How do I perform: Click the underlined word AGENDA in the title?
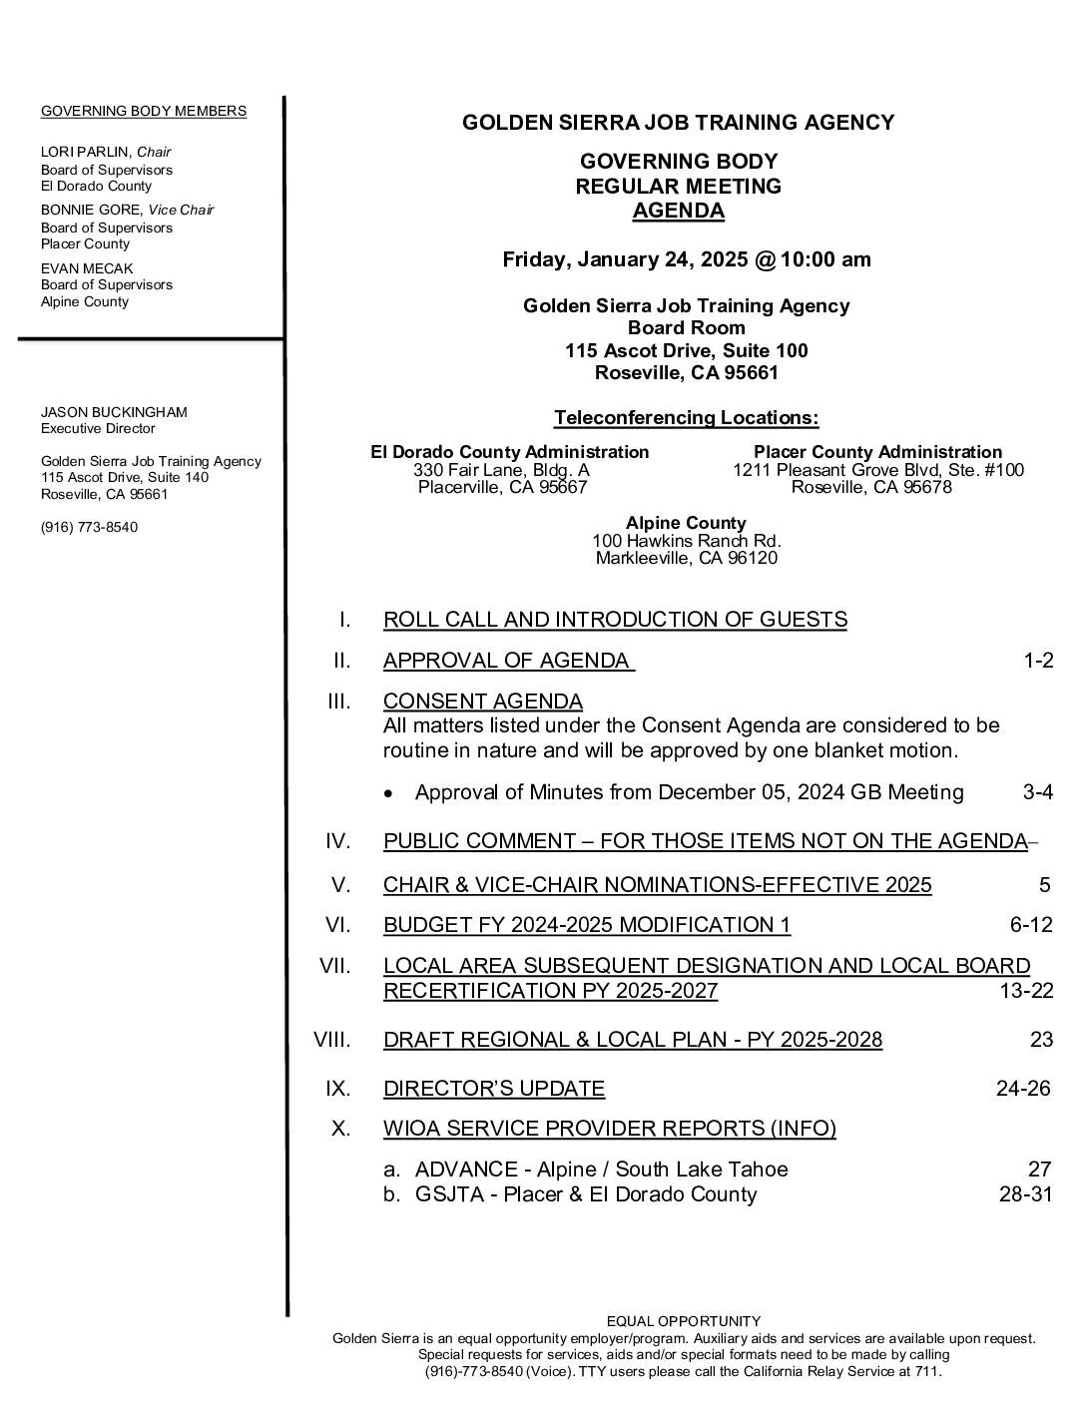(679, 211)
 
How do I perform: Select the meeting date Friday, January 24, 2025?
(625, 259)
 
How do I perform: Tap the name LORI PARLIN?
(86, 152)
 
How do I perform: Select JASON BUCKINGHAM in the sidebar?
(114, 412)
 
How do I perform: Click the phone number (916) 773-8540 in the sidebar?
(89, 527)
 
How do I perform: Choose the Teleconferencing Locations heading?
(686, 417)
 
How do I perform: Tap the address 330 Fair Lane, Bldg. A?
(501, 470)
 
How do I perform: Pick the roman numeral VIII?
(332, 1040)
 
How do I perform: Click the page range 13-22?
(1026, 991)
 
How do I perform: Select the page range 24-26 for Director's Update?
(1023, 1088)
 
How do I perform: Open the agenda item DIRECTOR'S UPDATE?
(494, 1088)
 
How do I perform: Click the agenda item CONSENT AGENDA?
(483, 701)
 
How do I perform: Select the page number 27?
(1040, 1170)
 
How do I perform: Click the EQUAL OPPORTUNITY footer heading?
(684, 1321)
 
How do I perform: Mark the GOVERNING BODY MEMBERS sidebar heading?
(144, 111)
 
